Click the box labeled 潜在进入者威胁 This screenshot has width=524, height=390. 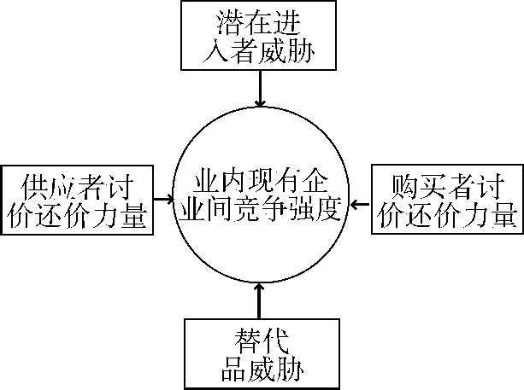(262, 37)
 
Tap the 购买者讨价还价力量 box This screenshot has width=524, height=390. (447, 199)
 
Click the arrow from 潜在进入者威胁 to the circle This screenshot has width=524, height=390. (261, 86)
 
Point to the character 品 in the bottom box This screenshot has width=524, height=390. (227, 369)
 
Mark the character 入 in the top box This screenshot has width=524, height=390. (210, 53)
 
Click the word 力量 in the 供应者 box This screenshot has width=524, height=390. (126, 214)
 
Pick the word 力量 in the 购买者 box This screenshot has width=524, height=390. (494, 214)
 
